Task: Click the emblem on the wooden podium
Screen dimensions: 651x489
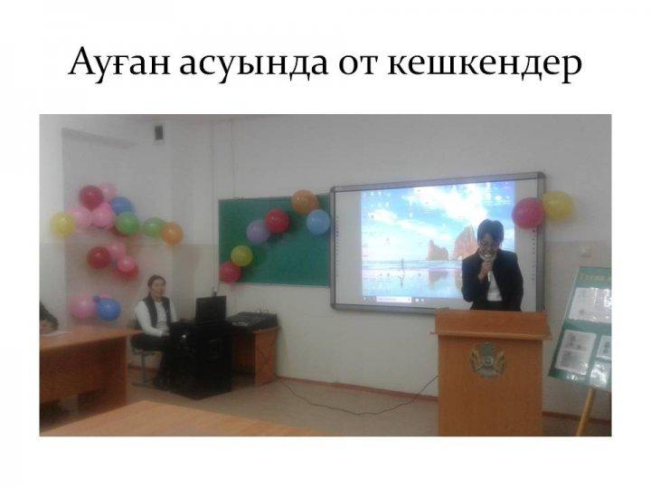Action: point(488,360)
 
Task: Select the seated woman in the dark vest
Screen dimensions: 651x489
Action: point(155,324)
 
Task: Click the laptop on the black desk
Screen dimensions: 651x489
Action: point(210,310)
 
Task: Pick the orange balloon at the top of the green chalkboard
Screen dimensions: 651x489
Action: point(305,202)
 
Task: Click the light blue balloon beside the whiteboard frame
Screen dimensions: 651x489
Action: point(318,222)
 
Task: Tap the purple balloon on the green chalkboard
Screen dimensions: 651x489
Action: point(258,232)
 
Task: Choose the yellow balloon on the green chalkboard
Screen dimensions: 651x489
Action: point(241,255)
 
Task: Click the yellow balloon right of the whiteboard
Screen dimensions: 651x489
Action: point(558,205)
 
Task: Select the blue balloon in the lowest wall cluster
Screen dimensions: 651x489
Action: point(108,309)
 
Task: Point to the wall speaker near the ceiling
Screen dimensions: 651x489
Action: point(159,132)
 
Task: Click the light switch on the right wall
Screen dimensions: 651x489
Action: point(585,251)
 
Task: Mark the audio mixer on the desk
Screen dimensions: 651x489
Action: point(252,319)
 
